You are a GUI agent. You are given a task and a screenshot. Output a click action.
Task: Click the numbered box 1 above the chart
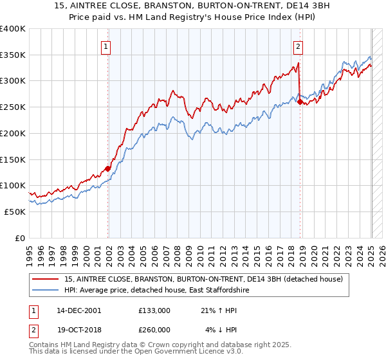(x=106, y=46)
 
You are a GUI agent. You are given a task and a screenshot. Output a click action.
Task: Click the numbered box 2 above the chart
(x=299, y=46)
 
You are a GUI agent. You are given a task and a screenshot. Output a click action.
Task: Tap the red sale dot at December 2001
(x=107, y=168)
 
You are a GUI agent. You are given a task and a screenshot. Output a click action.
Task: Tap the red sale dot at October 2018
(x=300, y=102)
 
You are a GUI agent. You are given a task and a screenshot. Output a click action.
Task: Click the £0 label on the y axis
(x=20, y=238)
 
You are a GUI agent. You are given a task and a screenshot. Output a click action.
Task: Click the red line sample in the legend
(x=46, y=279)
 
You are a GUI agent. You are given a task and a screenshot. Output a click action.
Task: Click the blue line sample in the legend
(x=46, y=291)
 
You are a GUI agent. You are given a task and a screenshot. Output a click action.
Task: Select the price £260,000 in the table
(x=154, y=330)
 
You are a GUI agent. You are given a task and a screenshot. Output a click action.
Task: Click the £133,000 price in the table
(x=154, y=310)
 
